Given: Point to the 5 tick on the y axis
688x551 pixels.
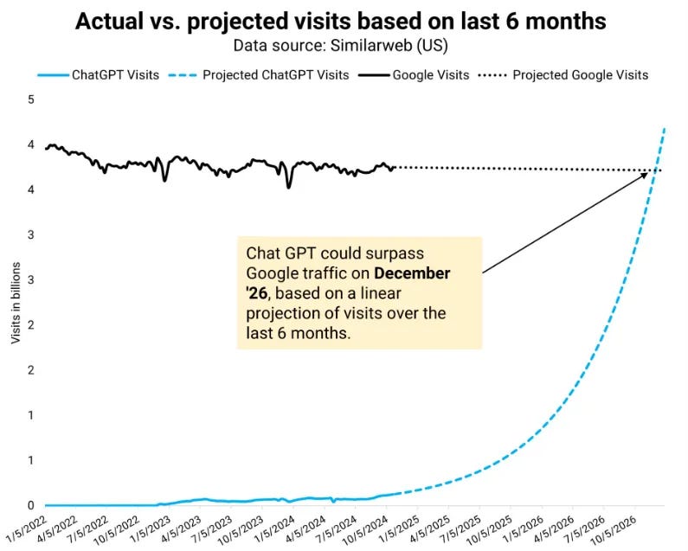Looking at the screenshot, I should [x=32, y=99].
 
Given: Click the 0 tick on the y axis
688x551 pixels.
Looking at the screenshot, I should [x=32, y=505].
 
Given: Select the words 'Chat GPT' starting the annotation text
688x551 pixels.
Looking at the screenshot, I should [x=273, y=253].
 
